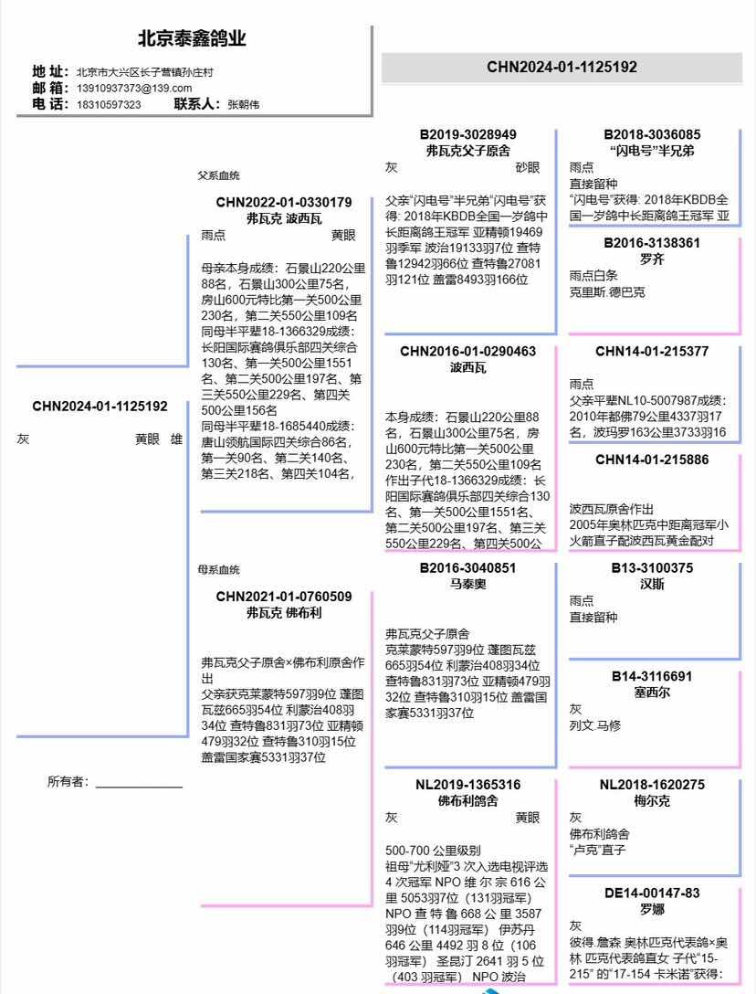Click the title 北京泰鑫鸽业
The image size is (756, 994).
point(192,39)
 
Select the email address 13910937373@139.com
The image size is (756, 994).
point(134,88)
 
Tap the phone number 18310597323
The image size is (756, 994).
point(109,104)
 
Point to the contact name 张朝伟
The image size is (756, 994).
point(243,104)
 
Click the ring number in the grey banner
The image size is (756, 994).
point(562,67)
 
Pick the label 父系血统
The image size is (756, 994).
point(219,175)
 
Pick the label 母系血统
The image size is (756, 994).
point(219,569)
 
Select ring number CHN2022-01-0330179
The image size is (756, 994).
point(284,202)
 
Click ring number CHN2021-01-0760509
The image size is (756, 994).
point(284,597)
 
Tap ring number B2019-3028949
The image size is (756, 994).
point(468,134)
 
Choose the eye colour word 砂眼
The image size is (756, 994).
point(528,168)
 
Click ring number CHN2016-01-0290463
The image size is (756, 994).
point(468,352)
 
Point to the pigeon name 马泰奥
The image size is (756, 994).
point(468,583)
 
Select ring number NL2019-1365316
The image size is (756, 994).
point(468,785)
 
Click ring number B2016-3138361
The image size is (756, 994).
point(652,243)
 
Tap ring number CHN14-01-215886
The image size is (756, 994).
point(652,460)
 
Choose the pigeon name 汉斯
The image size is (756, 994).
point(652,583)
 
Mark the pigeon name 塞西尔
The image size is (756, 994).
point(652,692)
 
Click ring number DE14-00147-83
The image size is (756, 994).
point(652,893)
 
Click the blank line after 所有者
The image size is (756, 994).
point(139,784)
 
